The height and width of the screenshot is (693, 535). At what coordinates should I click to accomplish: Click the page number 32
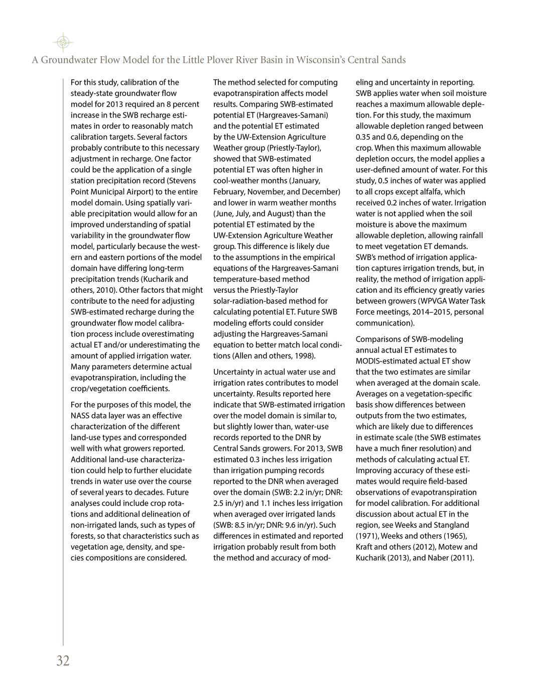63,661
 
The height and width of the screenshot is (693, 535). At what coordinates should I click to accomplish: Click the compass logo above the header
62,43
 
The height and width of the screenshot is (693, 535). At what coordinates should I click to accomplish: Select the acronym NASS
80,415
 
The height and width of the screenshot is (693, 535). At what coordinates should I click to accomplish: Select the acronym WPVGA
441,301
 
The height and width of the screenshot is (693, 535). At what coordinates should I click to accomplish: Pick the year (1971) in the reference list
367,536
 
